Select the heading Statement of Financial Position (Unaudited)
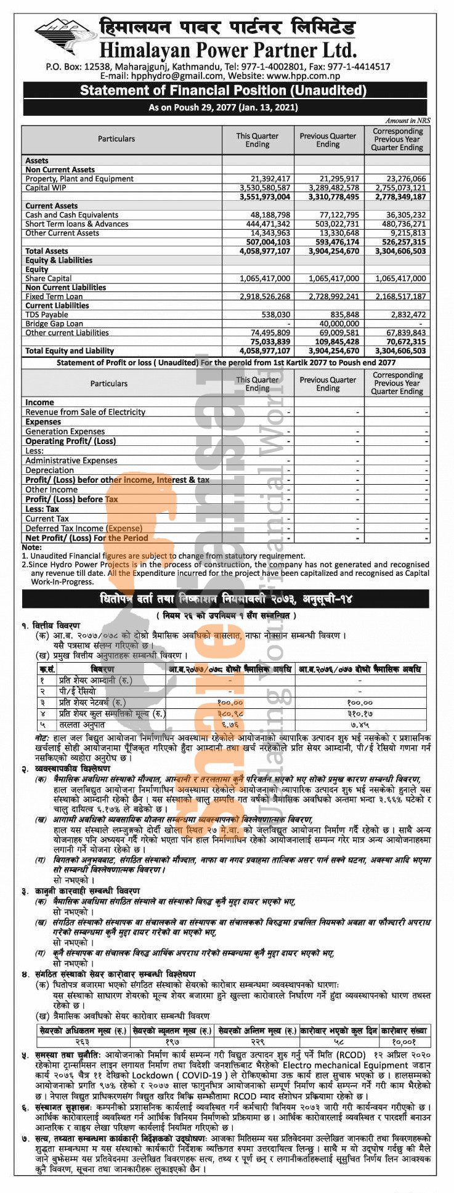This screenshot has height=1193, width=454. coord(223,91)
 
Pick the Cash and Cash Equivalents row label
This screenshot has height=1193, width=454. coord(71,215)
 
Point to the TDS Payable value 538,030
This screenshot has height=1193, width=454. coord(275,314)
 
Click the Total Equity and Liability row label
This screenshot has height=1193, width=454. coord(69,350)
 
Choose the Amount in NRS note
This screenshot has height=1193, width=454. coord(407,121)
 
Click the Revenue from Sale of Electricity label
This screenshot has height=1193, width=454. coord(85,412)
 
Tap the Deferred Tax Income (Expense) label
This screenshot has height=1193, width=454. coord(84,528)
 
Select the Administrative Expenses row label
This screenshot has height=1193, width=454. coord(71,460)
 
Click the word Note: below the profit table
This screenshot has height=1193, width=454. coord(31,547)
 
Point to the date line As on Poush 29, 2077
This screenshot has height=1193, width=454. coord(223,107)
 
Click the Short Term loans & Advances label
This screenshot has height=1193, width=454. coord(76,224)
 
